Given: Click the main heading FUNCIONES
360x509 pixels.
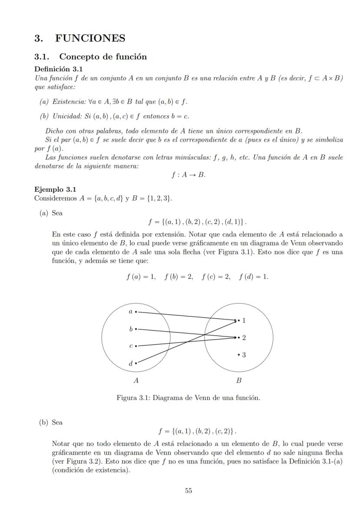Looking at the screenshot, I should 90,38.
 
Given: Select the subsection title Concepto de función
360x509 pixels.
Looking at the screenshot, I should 103,57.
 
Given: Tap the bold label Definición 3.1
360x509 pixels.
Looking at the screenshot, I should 58,69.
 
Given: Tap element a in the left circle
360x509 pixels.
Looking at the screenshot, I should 130,311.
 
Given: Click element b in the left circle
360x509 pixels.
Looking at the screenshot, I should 130,329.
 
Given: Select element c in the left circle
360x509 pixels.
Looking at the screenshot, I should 130,346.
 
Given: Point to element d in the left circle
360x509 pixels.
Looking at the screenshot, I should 130,363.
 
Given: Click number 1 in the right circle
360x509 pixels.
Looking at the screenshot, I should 243,321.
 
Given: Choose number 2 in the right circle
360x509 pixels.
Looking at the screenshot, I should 243,338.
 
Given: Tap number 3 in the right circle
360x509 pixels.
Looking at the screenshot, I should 243,355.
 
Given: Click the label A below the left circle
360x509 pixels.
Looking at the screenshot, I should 136,381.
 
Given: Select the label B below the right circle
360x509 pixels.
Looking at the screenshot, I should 238,381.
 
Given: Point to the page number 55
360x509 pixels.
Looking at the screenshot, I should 189,490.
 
